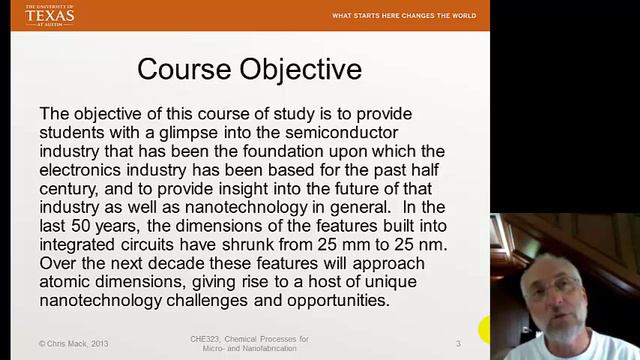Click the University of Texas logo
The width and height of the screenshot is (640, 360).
(x=49, y=14)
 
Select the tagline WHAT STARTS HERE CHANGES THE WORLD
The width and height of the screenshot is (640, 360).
(x=404, y=16)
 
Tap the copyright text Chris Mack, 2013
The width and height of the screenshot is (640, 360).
(x=75, y=344)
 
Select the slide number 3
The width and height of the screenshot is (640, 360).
(x=458, y=344)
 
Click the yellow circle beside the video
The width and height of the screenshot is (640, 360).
(x=487, y=329)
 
